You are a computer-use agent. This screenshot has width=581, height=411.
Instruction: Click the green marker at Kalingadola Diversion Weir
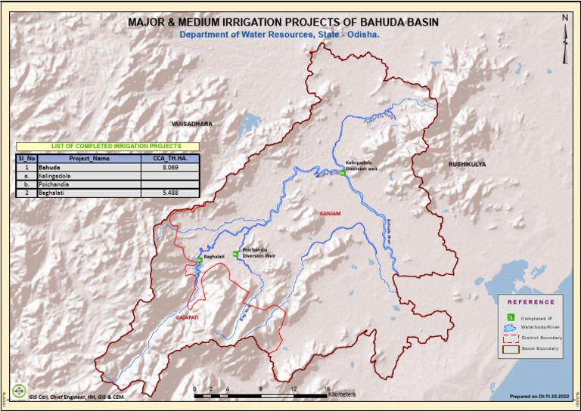(343, 173)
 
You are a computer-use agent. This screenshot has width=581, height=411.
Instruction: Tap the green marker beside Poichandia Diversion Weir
(236, 255)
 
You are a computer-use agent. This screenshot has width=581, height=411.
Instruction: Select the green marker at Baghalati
(199, 260)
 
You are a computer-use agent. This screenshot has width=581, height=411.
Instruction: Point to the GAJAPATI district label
(187, 319)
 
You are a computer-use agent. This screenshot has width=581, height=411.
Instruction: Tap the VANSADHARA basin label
(192, 123)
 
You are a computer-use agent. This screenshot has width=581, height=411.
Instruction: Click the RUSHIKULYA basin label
(467, 163)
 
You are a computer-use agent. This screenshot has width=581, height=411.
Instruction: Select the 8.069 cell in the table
(170, 166)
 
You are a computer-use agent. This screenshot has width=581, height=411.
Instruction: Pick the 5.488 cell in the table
(170, 193)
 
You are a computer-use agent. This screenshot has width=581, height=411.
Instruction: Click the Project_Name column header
(89, 159)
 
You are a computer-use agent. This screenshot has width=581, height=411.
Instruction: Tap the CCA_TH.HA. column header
(170, 159)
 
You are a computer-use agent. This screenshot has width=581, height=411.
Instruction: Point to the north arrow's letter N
(565, 18)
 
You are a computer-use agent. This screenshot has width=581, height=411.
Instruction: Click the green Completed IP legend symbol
(511, 317)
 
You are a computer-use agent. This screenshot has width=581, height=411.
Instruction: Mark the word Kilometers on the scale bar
(342, 394)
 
